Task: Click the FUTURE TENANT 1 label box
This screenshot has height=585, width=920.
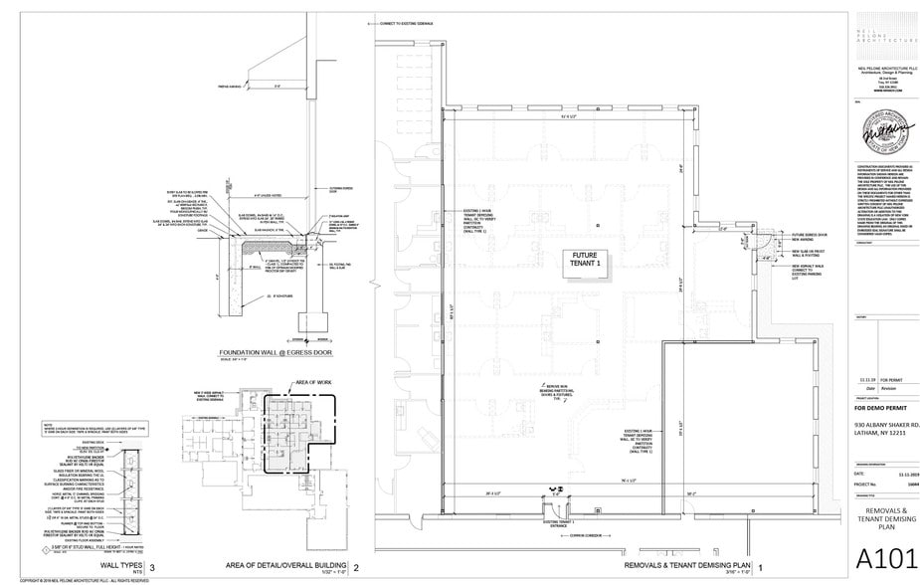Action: tap(582, 261)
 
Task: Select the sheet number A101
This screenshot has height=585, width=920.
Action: tap(880, 556)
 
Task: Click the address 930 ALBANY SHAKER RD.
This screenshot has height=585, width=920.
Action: tap(885, 425)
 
